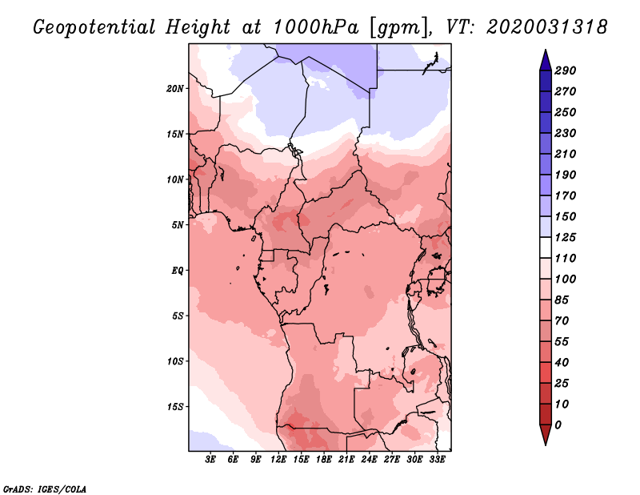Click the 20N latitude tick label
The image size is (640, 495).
[175, 88]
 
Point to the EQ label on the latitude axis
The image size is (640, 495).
[178, 270]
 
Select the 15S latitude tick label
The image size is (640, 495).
[175, 407]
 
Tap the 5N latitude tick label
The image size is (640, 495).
[178, 225]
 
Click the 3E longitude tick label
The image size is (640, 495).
[210, 459]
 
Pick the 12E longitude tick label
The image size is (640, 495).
[278, 459]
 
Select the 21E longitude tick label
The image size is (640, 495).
[346, 459]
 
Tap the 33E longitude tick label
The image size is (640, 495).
[437, 459]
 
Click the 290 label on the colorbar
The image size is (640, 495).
[566, 70]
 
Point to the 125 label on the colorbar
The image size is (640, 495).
[566, 237]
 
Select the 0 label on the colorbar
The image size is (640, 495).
[558, 425]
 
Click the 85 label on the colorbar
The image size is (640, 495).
[562, 300]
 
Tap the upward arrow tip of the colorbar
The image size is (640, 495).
[546, 50]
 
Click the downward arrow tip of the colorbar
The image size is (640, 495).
[546, 445]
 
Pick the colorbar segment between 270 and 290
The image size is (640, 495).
[546, 81]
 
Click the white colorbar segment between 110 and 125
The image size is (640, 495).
[546, 247]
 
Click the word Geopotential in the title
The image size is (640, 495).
[94, 27]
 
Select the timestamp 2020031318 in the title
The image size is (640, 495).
[547, 26]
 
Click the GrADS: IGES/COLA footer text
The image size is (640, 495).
[45, 489]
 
